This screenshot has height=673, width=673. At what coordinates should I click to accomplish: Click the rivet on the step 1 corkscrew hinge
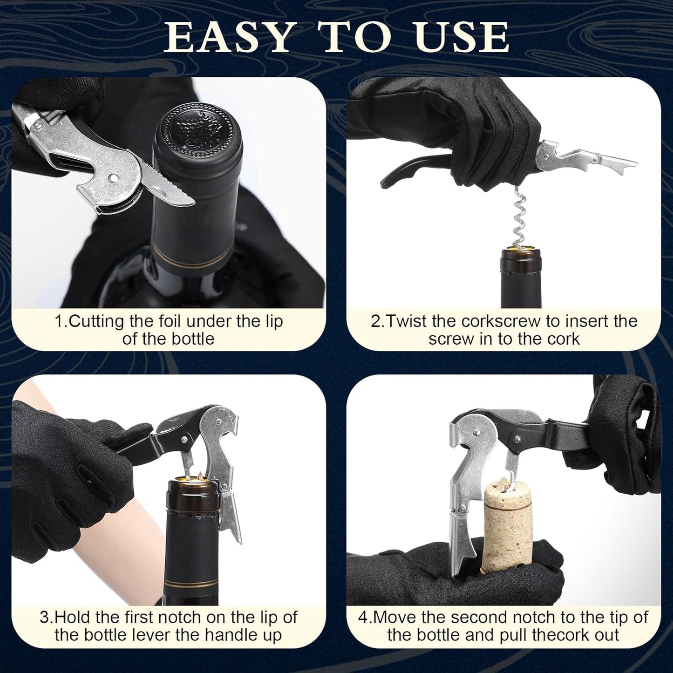coord(113,177)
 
